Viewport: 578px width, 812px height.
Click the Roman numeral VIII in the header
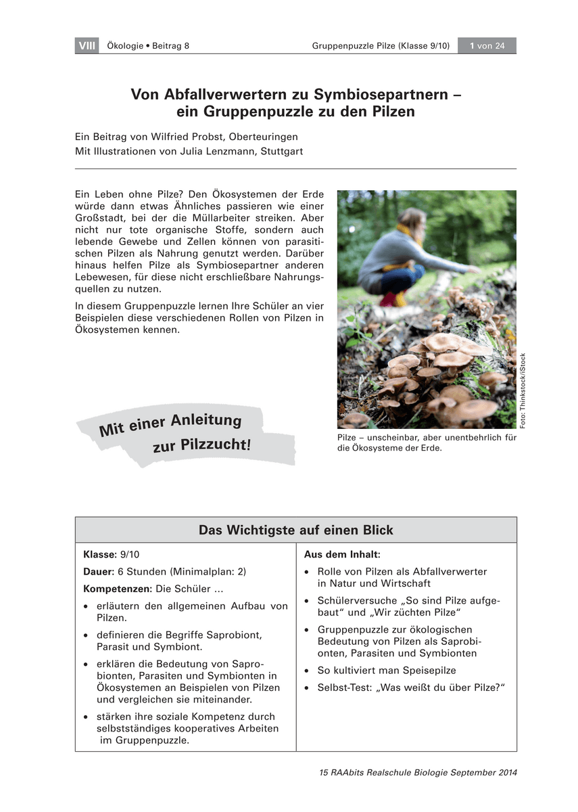coord(87,46)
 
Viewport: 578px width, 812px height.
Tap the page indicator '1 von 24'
coord(487,46)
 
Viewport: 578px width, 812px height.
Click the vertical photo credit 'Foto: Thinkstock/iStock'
coord(523,390)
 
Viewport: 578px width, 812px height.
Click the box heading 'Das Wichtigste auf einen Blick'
coord(295,530)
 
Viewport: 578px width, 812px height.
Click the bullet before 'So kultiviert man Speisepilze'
coord(308,671)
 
